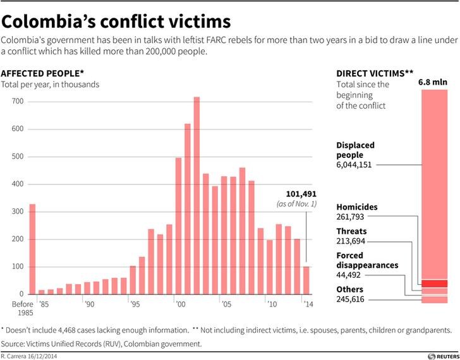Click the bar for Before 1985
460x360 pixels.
tap(33, 249)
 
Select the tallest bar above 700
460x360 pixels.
tap(197, 196)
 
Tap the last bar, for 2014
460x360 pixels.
tap(306, 280)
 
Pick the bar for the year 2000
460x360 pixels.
tap(178, 226)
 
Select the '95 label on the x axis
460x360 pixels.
tap(135, 304)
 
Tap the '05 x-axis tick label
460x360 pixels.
tap(226, 304)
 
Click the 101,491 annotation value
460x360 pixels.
tap(301, 194)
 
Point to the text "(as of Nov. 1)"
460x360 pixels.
tap(296, 204)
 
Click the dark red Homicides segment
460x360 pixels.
tap(435, 284)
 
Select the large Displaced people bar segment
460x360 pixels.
tap(435, 184)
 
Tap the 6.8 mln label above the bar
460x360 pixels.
tap(433, 82)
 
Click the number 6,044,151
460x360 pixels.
tap(354, 165)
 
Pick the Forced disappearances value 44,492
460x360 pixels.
tap(349, 275)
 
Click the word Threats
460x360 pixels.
tap(351, 231)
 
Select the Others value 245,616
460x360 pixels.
tap(350, 299)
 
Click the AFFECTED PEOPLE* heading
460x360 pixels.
tap(42, 73)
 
